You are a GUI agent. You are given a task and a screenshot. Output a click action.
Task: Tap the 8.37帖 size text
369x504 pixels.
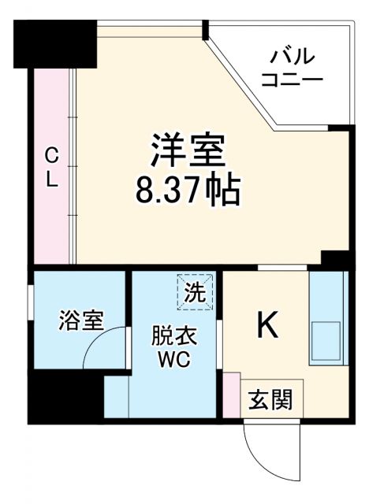click(x=188, y=189)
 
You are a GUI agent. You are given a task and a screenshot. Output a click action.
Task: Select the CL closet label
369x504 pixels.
click(x=51, y=167)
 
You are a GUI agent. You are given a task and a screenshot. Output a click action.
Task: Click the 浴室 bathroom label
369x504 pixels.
click(x=80, y=321)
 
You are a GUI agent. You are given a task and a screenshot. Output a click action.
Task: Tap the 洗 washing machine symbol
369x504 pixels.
click(x=195, y=291)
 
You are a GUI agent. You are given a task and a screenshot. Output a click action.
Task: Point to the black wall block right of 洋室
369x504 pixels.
click(x=336, y=261)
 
